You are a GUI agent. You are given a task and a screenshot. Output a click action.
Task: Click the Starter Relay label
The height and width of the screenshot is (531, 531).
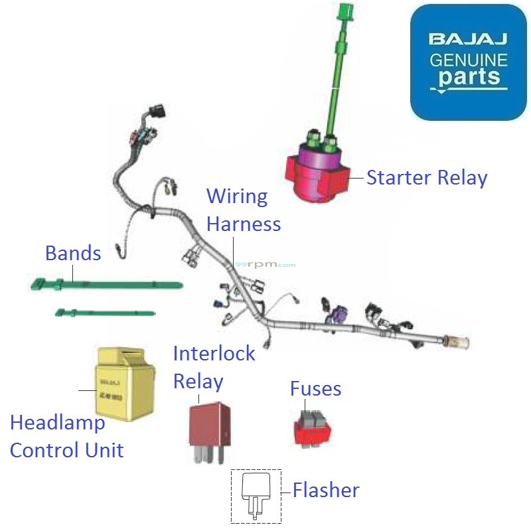coord(427,178)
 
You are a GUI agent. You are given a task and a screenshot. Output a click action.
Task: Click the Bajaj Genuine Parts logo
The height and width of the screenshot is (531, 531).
coord(468,62)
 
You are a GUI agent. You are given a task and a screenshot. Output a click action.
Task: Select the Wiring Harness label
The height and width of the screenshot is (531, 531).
coord(243,210)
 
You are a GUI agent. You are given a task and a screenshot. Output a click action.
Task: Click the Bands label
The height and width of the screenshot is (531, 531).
coord(73,253)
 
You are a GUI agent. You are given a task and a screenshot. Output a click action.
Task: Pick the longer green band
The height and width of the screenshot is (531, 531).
coord(106,285)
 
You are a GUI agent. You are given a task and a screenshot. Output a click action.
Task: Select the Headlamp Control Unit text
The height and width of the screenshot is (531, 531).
coord(66,436)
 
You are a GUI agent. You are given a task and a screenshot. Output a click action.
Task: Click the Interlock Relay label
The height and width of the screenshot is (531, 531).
coord(214,367)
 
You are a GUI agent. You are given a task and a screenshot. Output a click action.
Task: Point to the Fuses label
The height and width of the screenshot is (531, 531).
coord(315,388)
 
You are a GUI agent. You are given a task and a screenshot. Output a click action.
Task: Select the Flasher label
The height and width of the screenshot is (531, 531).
coord(326,491)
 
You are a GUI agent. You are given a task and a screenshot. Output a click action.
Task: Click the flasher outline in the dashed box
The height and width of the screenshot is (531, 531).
coord(256,494)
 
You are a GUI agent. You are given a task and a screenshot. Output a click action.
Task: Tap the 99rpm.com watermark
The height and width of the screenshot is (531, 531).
coord(265,264)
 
